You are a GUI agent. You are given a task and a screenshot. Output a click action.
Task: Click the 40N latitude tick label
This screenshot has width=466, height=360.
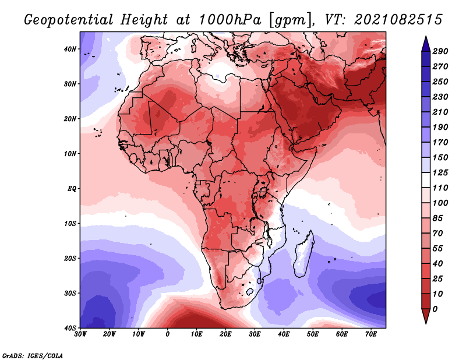[70, 49]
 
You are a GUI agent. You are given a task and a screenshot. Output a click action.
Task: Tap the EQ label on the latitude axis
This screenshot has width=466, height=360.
[72, 189]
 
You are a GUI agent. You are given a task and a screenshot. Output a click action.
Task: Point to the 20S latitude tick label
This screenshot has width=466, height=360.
[70, 258]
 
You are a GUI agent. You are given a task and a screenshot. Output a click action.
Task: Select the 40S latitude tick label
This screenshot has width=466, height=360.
[70, 328]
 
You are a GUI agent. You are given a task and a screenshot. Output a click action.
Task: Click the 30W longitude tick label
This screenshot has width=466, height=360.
[80, 334]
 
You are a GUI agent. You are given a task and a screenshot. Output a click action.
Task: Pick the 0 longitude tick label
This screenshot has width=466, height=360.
[168, 334]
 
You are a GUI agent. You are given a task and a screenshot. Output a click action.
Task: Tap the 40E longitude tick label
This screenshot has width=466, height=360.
[284, 334]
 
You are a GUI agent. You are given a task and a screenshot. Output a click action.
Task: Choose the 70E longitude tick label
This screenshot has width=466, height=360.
[371, 334]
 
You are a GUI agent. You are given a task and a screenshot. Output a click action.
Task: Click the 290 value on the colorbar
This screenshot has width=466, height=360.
[440, 51]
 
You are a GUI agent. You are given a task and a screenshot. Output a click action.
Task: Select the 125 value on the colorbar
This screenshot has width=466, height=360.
[440, 172]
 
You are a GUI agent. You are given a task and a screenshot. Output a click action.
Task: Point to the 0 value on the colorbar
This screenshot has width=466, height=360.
[435, 309]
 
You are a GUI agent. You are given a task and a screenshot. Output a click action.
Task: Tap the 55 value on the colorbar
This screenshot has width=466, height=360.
[438, 249]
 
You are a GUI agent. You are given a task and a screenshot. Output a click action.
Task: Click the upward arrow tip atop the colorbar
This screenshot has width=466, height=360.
[426, 36]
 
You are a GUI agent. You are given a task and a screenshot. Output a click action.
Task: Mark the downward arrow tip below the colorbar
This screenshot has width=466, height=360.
[426, 323]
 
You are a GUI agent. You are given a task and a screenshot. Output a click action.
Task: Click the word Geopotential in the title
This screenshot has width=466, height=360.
[69, 20]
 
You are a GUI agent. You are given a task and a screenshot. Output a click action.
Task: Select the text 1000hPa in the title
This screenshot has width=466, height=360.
[230, 20]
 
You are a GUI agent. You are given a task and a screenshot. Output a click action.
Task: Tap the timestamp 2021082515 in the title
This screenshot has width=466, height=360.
[398, 20]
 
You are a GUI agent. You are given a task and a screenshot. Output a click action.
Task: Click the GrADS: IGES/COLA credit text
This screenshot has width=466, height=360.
[33, 356]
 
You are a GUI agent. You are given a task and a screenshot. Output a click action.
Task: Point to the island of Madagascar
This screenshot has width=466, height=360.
[303, 253]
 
